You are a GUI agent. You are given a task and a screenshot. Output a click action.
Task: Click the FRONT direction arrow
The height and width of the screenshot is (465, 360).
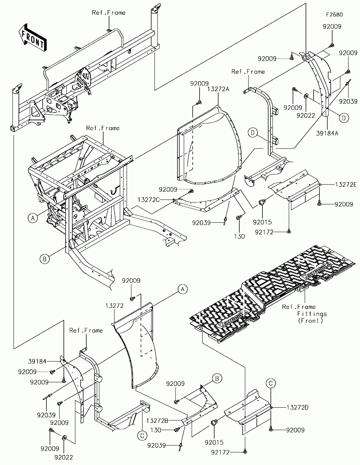pyautogui.click(x=33, y=37)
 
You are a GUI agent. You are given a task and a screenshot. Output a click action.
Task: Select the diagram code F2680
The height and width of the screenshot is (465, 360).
pyautogui.click(x=334, y=15)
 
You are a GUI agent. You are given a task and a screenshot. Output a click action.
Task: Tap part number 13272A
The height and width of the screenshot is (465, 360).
pyautogui.click(x=218, y=89)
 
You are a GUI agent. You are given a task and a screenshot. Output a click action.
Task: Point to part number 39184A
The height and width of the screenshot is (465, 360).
pyautogui.click(x=327, y=133)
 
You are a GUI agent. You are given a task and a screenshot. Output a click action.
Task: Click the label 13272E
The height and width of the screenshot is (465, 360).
pyautogui.click(x=346, y=184)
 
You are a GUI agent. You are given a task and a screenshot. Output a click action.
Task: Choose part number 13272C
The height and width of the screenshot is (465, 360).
pyautogui.click(x=148, y=199)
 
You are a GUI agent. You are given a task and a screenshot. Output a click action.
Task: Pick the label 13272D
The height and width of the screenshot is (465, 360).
pyautogui.click(x=297, y=407)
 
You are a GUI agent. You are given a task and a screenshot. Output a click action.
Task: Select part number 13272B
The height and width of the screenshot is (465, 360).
pyautogui.click(x=157, y=421)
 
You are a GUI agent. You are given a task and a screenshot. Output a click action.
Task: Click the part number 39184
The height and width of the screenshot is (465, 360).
pyautogui.click(x=37, y=361)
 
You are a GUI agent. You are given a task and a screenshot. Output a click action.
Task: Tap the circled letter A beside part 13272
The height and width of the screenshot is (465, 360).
pyautogui.click(x=183, y=289)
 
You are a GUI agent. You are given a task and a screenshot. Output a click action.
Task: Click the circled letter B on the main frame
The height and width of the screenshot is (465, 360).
pyautogui.click(x=45, y=259)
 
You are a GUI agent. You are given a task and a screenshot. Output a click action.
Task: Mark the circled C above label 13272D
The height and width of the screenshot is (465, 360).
pyautogui.click(x=271, y=383)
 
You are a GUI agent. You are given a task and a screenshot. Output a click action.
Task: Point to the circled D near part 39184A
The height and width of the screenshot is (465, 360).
pyautogui.click(x=344, y=118)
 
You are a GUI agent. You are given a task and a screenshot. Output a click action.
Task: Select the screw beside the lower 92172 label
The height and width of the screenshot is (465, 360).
pyautogui.click(x=245, y=451)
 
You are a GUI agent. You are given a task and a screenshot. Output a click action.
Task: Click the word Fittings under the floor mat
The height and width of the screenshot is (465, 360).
pyautogui.click(x=312, y=314)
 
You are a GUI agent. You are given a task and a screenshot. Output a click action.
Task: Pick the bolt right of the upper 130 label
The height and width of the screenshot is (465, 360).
pyautogui.click(x=239, y=217)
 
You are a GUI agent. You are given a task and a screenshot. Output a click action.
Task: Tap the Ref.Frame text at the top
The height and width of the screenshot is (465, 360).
pyautogui.click(x=109, y=13)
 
